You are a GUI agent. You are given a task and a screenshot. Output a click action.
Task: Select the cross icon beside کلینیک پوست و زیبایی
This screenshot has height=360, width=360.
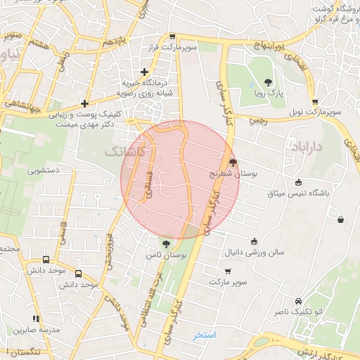click(x=84, y=103)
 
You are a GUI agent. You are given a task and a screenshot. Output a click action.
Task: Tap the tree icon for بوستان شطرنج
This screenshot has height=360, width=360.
click(x=233, y=161)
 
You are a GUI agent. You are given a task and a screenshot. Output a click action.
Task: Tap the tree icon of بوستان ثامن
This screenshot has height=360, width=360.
click(x=166, y=244)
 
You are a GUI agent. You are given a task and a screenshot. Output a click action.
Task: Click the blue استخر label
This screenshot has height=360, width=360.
click(x=205, y=335)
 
